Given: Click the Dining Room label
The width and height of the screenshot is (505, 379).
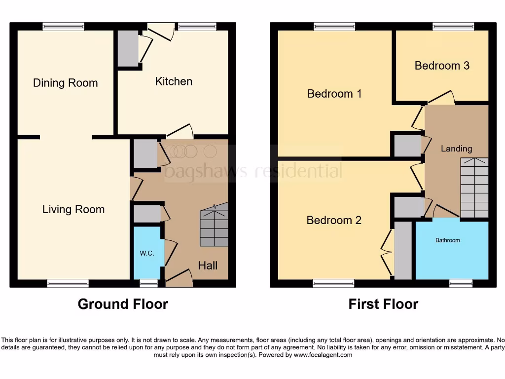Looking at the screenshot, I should [65, 83].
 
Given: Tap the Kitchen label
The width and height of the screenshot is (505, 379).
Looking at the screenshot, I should [174, 81].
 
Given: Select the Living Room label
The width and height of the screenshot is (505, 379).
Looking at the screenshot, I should [73, 210].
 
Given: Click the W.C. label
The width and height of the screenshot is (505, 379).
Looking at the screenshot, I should [147, 253].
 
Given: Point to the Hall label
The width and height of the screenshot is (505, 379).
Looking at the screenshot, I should [208, 265].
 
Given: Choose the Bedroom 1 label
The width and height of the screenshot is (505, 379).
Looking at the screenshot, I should [334, 94].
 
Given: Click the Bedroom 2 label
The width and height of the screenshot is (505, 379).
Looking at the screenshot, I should [334, 220].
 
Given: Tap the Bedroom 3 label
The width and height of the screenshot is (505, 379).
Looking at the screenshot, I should [442, 66].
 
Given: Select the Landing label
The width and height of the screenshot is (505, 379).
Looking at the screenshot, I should [456, 149].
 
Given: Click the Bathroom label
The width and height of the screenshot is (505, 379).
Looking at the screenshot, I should [447, 240].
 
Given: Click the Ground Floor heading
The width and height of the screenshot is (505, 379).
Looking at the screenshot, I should [123, 304].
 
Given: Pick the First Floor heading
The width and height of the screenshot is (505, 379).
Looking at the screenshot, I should [383, 304].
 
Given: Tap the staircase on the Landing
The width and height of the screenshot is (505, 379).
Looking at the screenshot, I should [474, 188].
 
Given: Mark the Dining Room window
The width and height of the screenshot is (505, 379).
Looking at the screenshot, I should [63, 27].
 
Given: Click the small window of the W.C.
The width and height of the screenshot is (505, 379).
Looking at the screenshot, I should [148, 283].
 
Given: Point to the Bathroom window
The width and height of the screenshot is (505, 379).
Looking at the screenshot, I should [461, 283].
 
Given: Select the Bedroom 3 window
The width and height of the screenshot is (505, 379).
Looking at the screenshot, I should [453, 27].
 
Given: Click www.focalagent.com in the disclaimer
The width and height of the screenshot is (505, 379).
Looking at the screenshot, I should [323, 355].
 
